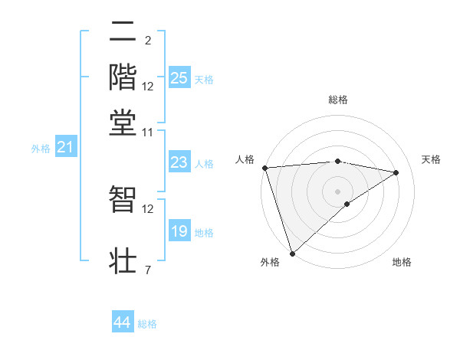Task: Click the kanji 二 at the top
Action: (x=123, y=33)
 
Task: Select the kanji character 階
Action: (x=123, y=77)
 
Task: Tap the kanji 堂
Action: (x=123, y=122)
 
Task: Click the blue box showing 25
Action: (x=179, y=78)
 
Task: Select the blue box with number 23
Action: (x=179, y=162)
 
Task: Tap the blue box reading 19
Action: (x=179, y=231)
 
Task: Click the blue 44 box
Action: (x=123, y=323)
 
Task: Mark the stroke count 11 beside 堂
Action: (x=148, y=133)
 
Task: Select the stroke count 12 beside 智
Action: (x=148, y=208)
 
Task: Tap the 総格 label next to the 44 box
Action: (x=147, y=325)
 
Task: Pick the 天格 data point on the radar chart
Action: (x=396, y=172)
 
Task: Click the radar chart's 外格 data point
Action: (x=292, y=253)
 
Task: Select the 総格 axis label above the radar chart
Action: (x=337, y=100)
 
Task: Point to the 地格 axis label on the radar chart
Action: (x=402, y=263)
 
